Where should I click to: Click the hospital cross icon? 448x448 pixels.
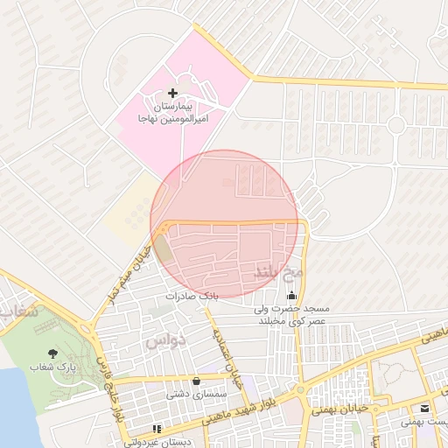[172, 93]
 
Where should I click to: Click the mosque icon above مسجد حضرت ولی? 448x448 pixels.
[291, 294]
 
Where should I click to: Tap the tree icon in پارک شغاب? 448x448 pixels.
[54, 353]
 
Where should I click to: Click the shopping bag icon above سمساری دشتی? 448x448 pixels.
[196, 381]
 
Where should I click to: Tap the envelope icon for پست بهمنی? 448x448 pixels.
[424, 408]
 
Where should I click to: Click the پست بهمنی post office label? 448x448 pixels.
[424, 422]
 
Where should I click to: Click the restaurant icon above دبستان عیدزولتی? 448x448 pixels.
[157, 429]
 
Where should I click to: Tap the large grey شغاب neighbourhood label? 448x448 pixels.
[19, 311]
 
